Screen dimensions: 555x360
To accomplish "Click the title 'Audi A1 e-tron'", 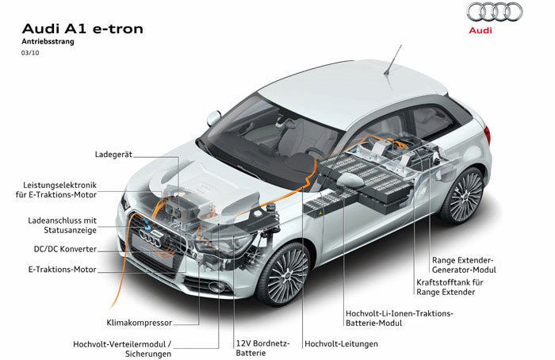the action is click(x=82, y=29).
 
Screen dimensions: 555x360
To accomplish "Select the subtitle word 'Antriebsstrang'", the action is click(x=48, y=41).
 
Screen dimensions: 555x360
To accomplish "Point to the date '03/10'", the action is click(x=30, y=53).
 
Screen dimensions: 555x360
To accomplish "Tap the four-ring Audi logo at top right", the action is click(x=495, y=12).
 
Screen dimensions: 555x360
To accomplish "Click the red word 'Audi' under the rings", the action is click(x=480, y=30).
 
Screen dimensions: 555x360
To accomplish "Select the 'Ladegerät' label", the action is click(x=113, y=155).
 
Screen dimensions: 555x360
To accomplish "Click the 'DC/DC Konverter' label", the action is click(x=65, y=249).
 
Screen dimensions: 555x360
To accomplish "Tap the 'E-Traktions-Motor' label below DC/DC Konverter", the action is click(x=63, y=270).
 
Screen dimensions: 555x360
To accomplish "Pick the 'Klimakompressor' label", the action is click(x=139, y=323).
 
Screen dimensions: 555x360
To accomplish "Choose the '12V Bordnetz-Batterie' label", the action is click(x=262, y=348).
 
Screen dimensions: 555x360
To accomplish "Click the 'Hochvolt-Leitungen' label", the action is click(x=341, y=343).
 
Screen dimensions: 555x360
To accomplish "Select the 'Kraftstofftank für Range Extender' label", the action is click(x=450, y=287).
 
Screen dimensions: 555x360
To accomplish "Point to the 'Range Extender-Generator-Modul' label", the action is click(x=464, y=265).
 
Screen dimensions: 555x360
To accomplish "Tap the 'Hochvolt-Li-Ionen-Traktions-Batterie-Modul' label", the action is click(x=400, y=318).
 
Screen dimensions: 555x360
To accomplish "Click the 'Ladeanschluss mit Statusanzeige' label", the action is click(x=63, y=225).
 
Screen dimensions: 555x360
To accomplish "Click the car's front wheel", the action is click(x=284, y=274).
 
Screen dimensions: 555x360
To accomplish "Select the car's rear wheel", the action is click(x=463, y=196).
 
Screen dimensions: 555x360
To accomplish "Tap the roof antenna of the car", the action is click(x=393, y=59).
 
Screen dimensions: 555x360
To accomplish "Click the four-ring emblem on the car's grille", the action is click(x=151, y=238).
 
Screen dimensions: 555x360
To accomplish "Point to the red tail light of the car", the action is click(x=488, y=135).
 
